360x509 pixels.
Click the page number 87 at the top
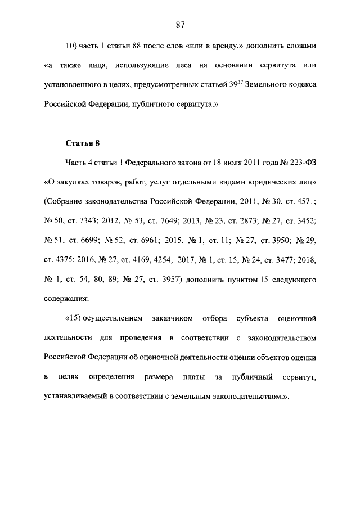(180, 24)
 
